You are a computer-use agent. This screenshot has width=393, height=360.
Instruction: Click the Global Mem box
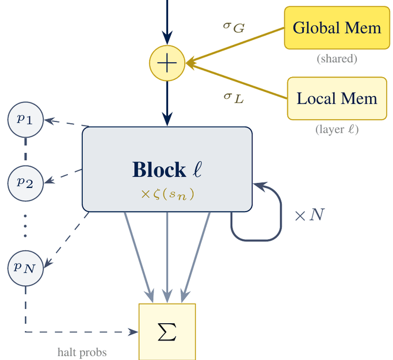[x=337, y=28]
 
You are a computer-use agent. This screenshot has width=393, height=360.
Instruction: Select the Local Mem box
[x=337, y=98]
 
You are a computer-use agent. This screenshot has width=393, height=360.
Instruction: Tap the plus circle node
[x=167, y=63]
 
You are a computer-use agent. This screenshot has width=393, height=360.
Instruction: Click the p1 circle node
[x=25, y=120]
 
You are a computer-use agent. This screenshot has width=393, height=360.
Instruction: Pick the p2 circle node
[x=25, y=182]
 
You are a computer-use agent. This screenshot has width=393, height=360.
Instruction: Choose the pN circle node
[x=25, y=267]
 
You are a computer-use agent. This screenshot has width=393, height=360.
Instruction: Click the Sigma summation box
[x=167, y=331]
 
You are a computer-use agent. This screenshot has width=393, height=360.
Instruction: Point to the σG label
[x=234, y=26]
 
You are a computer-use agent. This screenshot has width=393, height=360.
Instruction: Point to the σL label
[x=233, y=97]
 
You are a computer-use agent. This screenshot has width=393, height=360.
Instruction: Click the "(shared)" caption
[x=337, y=59]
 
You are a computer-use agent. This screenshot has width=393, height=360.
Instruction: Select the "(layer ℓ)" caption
[x=337, y=129]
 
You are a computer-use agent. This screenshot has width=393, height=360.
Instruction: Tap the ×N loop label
[x=309, y=216]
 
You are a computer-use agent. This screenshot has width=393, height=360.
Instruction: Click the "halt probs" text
[x=82, y=352]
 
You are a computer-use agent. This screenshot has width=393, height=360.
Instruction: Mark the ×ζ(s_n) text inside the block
[x=167, y=194]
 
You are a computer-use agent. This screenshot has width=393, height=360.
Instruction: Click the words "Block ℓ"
[x=167, y=170]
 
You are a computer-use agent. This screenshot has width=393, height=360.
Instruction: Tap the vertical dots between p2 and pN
[x=25, y=225]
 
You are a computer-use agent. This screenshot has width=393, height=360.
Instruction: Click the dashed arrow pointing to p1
[x=66, y=122]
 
